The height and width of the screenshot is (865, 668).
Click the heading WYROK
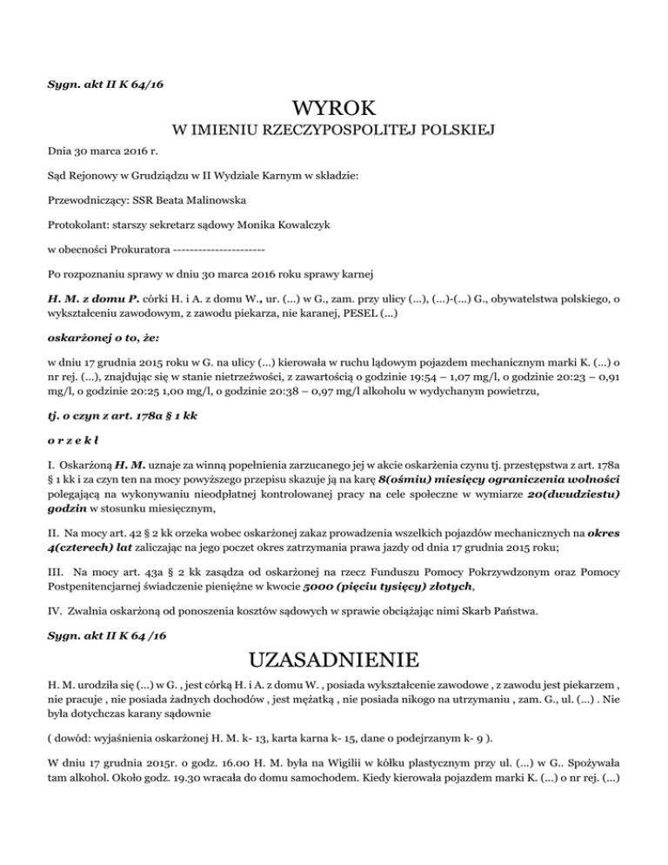[334, 109]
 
